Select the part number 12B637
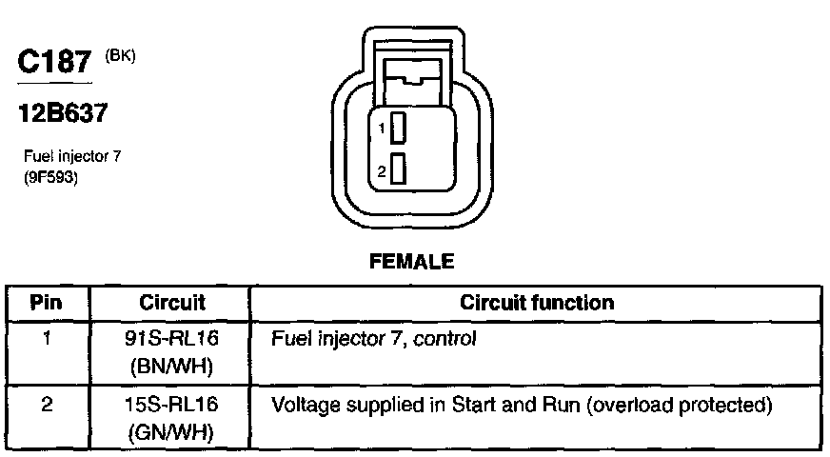[x=62, y=113]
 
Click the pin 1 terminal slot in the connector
[x=399, y=127]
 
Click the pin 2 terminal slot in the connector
[x=399, y=169]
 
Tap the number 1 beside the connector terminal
[x=380, y=128]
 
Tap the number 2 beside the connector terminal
[x=380, y=171]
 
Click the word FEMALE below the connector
[x=411, y=260]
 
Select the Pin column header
[x=47, y=304]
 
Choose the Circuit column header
[x=172, y=304]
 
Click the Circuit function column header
[x=537, y=304]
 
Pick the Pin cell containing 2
[x=47, y=404]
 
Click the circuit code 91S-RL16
[x=172, y=338]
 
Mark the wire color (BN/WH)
[x=172, y=364]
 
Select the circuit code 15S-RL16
[x=172, y=405]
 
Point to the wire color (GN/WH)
[x=172, y=430]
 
